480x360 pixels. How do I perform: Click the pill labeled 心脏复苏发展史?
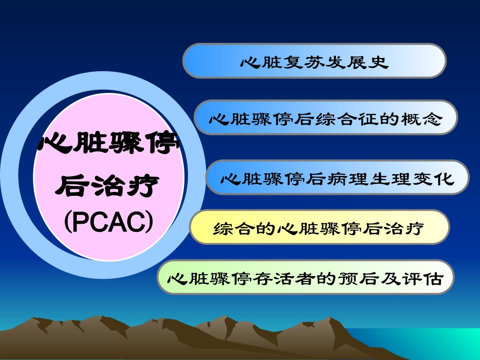[x=314, y=61]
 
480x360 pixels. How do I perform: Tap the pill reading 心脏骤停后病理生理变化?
[x=337, y=178]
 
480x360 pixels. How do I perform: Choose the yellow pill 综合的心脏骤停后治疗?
[x=319, y=227]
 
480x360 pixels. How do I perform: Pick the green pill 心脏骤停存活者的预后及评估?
[x=305, y=277]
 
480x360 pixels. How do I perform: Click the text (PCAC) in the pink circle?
[x=109, y=223]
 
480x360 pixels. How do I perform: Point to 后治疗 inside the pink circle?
[x=109, y=186]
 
